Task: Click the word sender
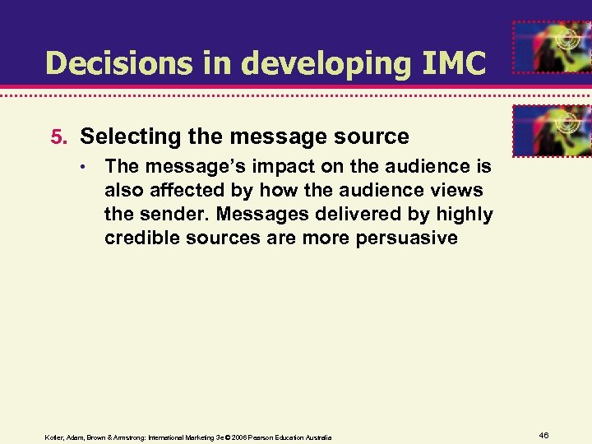tap(171, 215)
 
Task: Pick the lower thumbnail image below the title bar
tap(551, 130)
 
